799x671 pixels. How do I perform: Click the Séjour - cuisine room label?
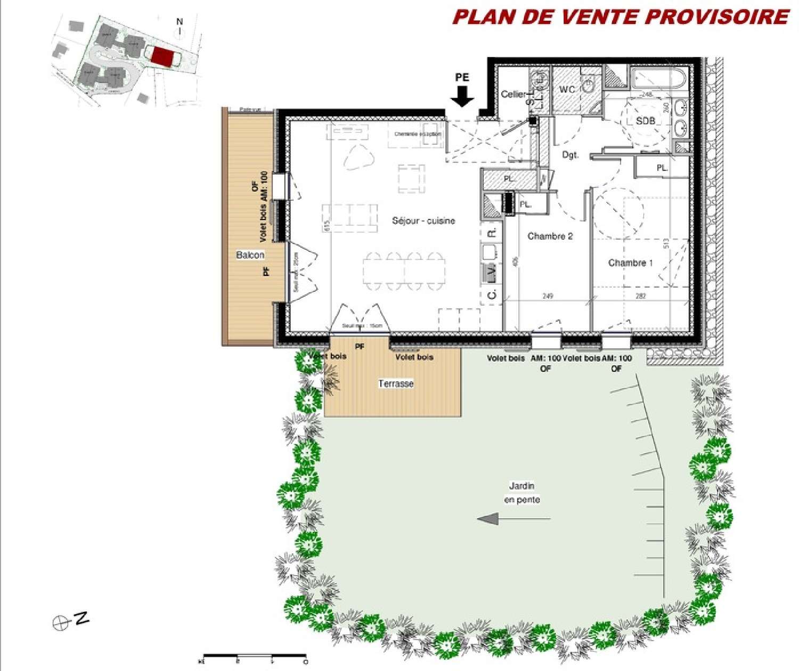[x=423, y=220]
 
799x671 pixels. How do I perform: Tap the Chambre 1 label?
[x=630, y=263]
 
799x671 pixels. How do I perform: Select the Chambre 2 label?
[x=550, y=236]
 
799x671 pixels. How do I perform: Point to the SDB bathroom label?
[x=645, y=121]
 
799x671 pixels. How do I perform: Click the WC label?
[x=567, y=89]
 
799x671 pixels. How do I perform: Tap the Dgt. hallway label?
[x=570, y=155]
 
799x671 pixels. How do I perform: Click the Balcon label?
[x=250, y=255]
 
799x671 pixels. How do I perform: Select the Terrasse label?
[x=396, y=383]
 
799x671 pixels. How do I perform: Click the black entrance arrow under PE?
[x=462, y=96]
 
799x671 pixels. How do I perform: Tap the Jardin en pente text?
[x=521, y=493]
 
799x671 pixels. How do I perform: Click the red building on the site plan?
[x=162, y=56]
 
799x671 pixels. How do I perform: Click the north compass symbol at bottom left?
[x=61, y=623]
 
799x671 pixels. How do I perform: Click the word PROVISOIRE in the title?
[x=718, y=17]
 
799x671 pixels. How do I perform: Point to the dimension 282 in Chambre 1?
[x=640, y=296]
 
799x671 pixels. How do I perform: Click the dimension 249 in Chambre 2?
[x=547, y=296]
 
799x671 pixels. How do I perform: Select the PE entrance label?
[x=462, y=77]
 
